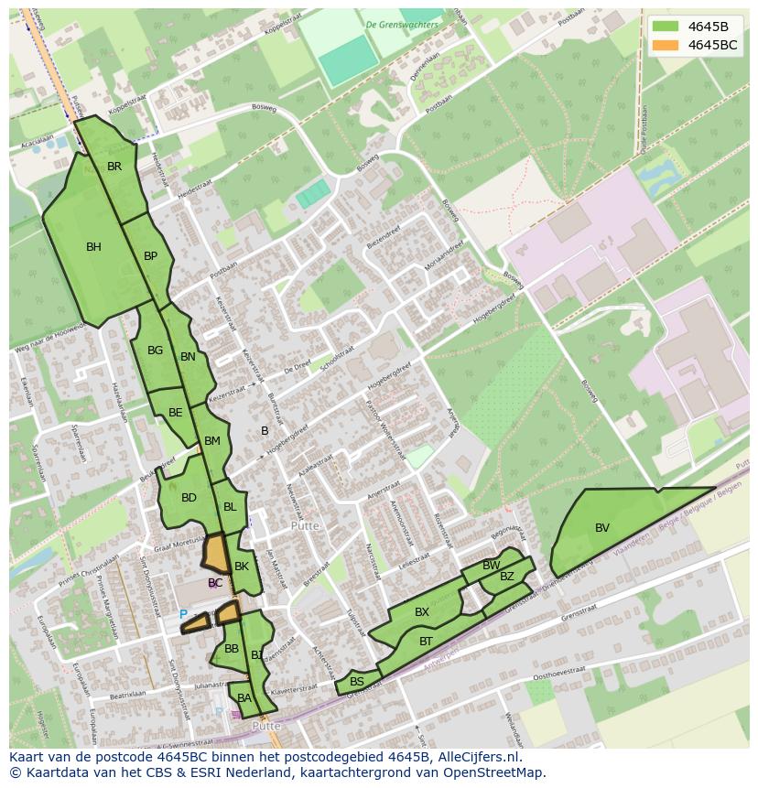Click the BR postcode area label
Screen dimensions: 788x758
tap(114, 167)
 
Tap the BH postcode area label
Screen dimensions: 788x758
tap(93, 246)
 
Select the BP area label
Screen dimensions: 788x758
tap(151, 256)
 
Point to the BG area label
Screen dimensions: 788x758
tap(155, 351)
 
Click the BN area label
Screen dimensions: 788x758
tap(188, 357)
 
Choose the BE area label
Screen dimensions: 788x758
tap(176, 413)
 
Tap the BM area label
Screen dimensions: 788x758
tap(212, 441)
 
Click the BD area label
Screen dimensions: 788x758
tap(189, 498)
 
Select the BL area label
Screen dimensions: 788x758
tap(230, 507)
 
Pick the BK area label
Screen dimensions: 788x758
tap(242, 567)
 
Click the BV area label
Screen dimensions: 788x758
tap(602, 528)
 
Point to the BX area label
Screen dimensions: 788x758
tap(422, 612)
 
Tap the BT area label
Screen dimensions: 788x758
tap(426, 642)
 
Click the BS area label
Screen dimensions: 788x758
tap(357, 682)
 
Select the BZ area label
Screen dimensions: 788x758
tap(507, 577)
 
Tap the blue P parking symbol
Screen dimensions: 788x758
tap(183, 615)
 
